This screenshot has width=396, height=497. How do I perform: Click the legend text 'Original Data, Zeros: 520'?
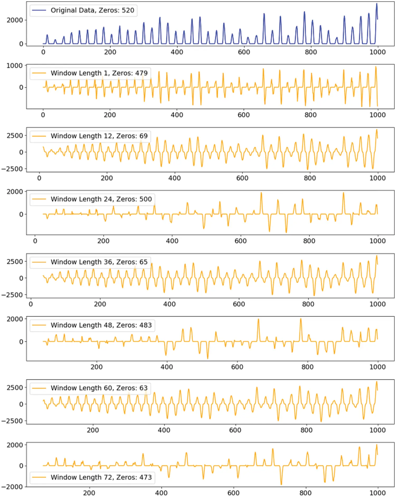92,10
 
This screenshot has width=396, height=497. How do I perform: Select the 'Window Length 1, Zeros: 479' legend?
99,73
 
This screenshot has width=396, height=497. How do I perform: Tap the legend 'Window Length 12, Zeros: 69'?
99,136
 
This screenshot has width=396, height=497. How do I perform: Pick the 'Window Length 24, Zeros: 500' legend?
101,199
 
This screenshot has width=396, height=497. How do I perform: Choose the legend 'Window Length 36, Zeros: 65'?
99,262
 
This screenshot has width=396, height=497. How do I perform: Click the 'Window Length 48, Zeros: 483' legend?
101,325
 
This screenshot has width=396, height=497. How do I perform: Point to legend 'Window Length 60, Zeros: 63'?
99,388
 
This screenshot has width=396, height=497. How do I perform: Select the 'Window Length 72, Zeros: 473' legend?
101,477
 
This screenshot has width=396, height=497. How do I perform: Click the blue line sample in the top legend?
39,10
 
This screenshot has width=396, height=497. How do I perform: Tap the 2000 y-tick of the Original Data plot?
15,20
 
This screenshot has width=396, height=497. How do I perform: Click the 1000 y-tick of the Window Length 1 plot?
15,65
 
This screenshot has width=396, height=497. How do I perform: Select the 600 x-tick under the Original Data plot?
244,52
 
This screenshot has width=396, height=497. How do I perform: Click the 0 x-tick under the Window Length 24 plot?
35,241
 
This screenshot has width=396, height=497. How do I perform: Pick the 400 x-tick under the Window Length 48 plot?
167,367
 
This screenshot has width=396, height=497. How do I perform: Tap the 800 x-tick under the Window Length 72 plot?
305,493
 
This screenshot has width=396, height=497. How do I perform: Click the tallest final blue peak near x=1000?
377,4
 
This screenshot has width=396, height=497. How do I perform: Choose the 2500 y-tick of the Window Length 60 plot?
15,388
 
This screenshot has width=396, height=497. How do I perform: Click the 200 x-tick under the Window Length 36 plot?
100,304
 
